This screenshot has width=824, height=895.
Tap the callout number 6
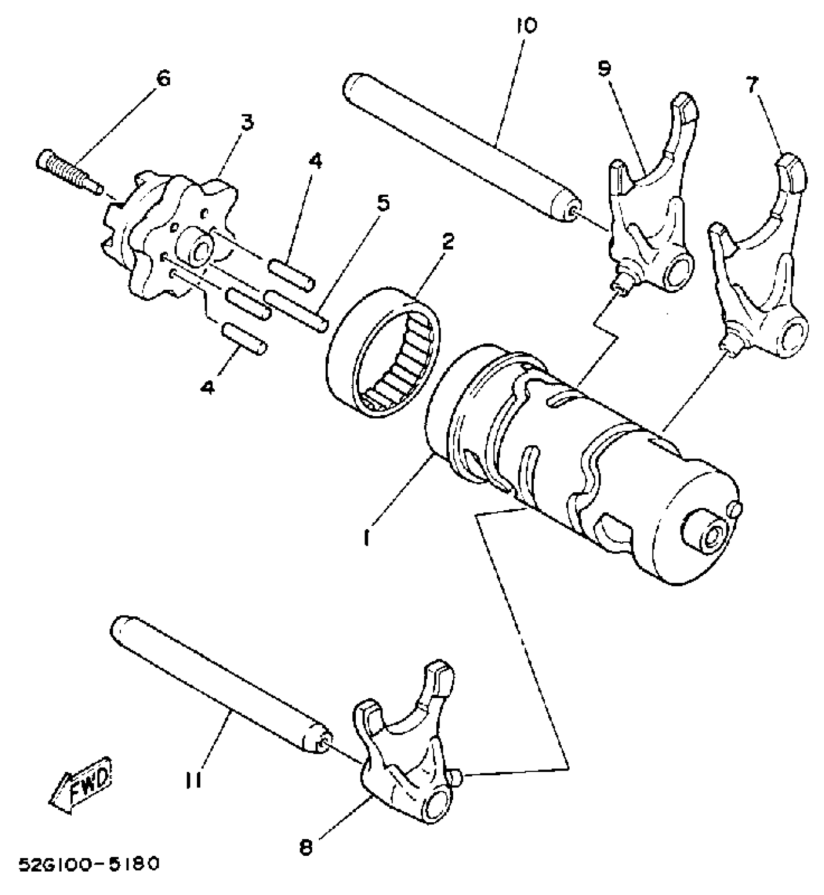tap(164, 78)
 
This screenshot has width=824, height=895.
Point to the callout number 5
tap(383, 204)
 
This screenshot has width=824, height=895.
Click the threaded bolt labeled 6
tap(68, 170)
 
